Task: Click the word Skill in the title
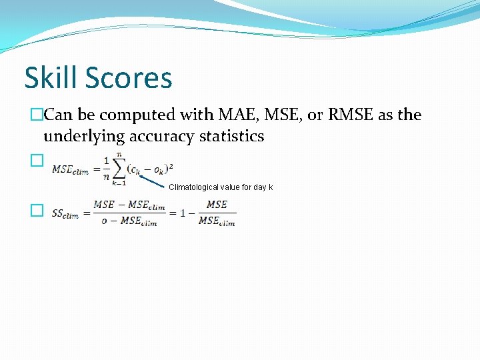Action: click(52, 77)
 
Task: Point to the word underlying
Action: click(84, 137)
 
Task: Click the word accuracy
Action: click(161, 137)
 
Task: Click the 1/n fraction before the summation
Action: click(105, 169)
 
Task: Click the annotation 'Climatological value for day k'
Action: click(221, 187)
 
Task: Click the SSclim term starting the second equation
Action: click(65, 214)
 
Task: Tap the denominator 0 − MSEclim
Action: click(129, 222)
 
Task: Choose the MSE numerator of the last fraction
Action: click(217, 205)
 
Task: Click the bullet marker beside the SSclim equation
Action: click(37, 211)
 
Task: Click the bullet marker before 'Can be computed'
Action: click(37, 115)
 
